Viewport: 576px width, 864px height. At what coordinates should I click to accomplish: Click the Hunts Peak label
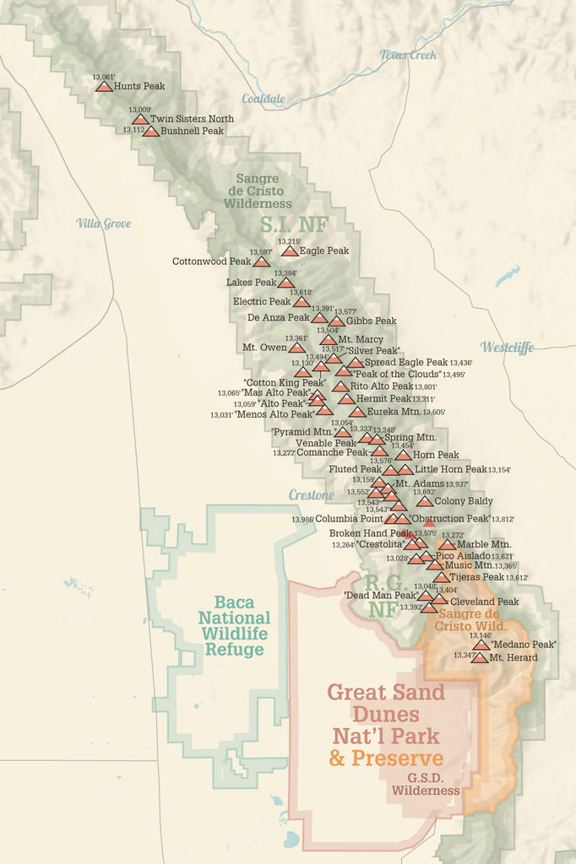[x=139, y=86]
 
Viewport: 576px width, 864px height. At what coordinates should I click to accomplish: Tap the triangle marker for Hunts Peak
[x=103, y=86]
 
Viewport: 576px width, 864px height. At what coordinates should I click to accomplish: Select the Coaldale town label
[x=263, y=99]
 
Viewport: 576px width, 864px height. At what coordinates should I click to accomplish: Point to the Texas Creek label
[x=408, y=55]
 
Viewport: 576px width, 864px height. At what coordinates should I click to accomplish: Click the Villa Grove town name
[x=104, y=224]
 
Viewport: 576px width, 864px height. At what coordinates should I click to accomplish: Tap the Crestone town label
[x=311, y=494]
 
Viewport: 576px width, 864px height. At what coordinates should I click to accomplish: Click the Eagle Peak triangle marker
[x=290, y=251]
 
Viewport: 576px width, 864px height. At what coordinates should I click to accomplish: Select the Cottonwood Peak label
[x=211, y=262]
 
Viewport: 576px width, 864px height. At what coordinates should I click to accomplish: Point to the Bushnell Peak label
[x=192, y=132]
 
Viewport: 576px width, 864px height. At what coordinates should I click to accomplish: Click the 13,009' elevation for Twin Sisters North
[x=140, y=110]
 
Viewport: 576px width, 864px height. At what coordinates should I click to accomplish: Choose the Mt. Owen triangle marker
[x=296, y=348]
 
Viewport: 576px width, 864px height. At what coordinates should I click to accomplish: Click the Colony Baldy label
[x=464, y=501]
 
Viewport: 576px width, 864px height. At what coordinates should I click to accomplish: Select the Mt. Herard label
[x=513, y=657]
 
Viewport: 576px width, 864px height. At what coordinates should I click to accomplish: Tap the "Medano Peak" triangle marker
[x=481, y=645]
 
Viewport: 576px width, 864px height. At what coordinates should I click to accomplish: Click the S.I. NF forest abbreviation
[x=293, y=224]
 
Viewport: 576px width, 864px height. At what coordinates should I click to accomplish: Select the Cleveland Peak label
[x=484, y=602]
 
